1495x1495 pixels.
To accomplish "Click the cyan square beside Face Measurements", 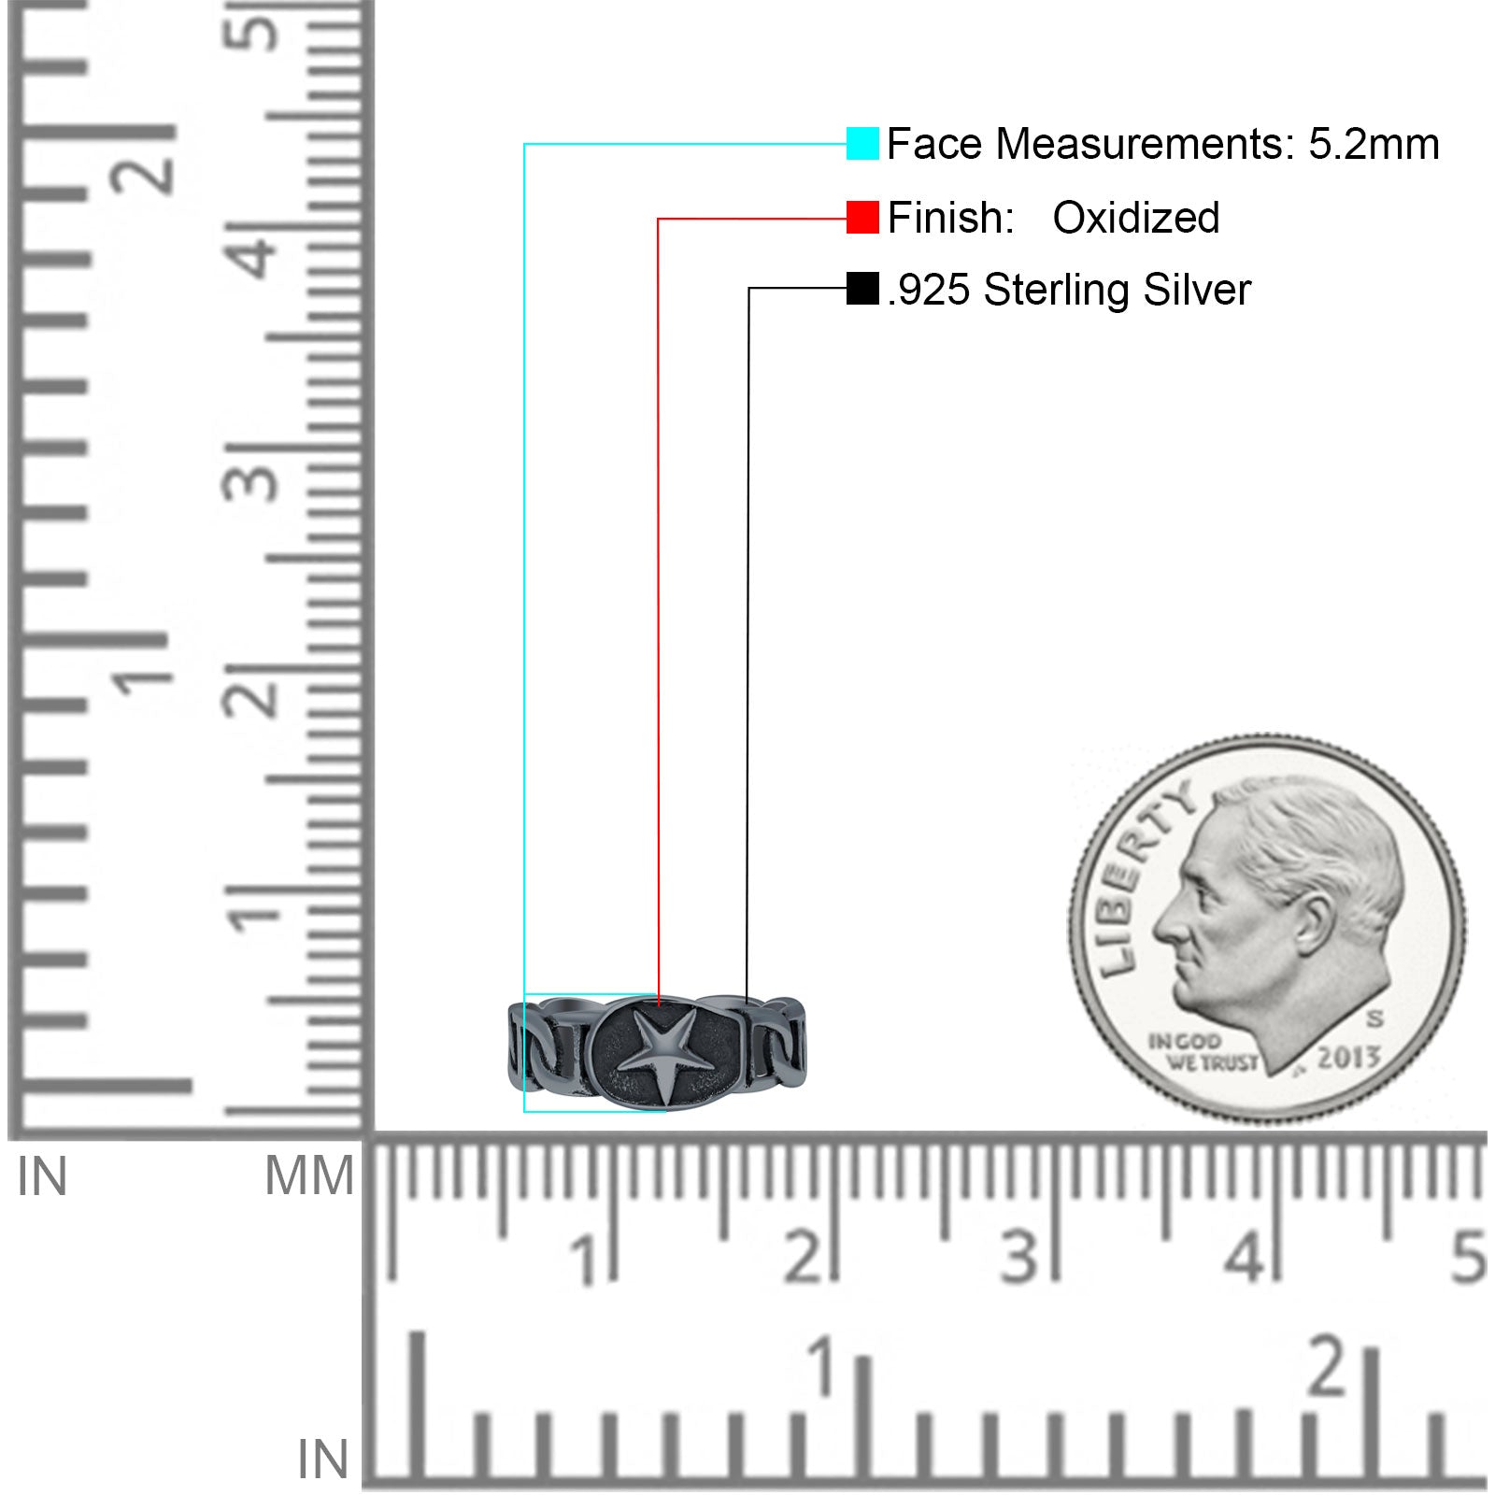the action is click(x=862, y=144).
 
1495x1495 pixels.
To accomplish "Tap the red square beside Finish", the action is click(x=862, y=218).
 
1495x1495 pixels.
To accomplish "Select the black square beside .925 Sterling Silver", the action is click(x=862, y=289).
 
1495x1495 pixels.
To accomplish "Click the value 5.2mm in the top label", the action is click(x=1374, y=144).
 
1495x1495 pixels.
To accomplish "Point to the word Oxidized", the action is click(x=1136, y=218).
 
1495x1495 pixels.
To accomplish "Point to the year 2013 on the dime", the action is click(x=1349, y=1058).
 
